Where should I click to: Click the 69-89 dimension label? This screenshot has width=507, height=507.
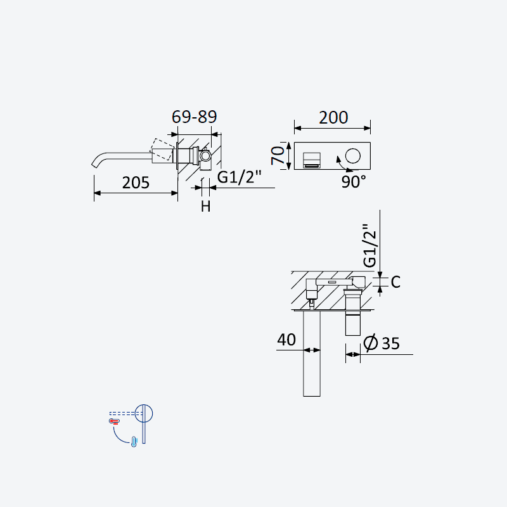click(194, 117)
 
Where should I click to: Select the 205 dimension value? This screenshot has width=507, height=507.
click(136, 183)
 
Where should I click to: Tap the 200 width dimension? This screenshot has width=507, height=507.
click(333, 117)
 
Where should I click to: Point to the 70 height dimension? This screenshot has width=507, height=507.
click(278, 155)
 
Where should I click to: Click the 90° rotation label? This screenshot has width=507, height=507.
click(354, 182)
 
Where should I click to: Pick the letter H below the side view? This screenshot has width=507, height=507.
click(205, 207)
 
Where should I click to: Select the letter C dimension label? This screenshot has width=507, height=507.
click(395, 282)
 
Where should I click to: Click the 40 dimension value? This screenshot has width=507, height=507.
click(286, 340)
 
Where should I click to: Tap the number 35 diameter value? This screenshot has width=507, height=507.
click(390, 343)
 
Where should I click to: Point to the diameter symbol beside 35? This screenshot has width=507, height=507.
click(371, 342)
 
